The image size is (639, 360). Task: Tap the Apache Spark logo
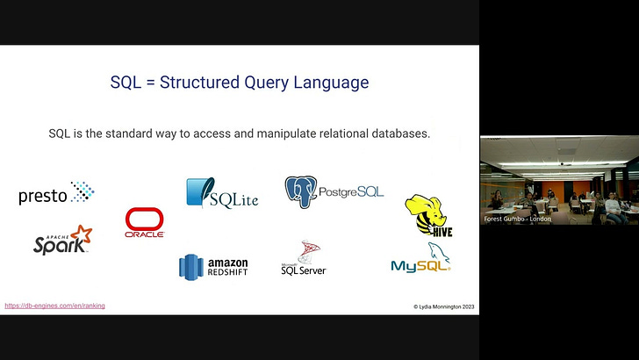tap(61, 241)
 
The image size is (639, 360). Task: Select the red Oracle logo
tap(145, 223)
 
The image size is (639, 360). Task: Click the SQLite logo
tap(221, 194)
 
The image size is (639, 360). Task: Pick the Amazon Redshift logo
tap(213, 266)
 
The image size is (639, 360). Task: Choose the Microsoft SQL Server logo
tap(304, 259)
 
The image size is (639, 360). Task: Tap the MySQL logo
tap(420, 262)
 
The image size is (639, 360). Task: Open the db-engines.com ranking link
tap(54, 306)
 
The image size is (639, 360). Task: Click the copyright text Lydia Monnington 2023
tap(443, 307)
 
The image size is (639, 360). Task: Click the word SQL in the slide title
tap(126, 83)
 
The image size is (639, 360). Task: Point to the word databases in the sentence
tap(403, 134)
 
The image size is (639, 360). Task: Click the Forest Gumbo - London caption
tap(518, 219)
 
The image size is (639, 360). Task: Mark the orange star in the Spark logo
tap(82, 234)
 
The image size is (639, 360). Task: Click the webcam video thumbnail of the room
tap(559, 181)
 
